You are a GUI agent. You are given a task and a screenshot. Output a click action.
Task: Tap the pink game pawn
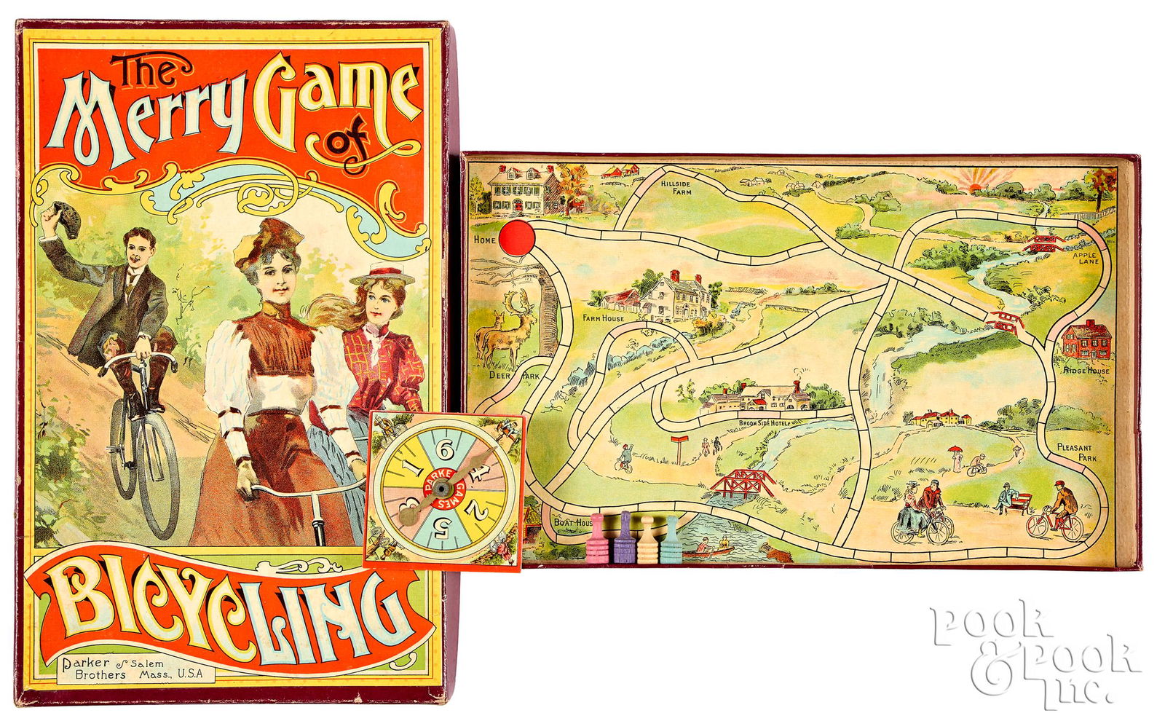pyautogui.click(x=598, y=540)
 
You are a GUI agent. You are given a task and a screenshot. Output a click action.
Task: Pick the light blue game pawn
pyautogui.click(x=670, y=541)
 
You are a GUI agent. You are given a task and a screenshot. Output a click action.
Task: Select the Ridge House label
pyautogui.click(x=1086, y=370)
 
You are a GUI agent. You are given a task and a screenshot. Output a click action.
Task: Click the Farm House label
pyautogui.click(x=603, y=318)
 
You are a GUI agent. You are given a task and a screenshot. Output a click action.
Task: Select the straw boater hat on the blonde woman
pyautogui.click(x=382, y=276)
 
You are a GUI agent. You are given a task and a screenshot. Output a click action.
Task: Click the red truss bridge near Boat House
pyautogui.click(x=741, y=481)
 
